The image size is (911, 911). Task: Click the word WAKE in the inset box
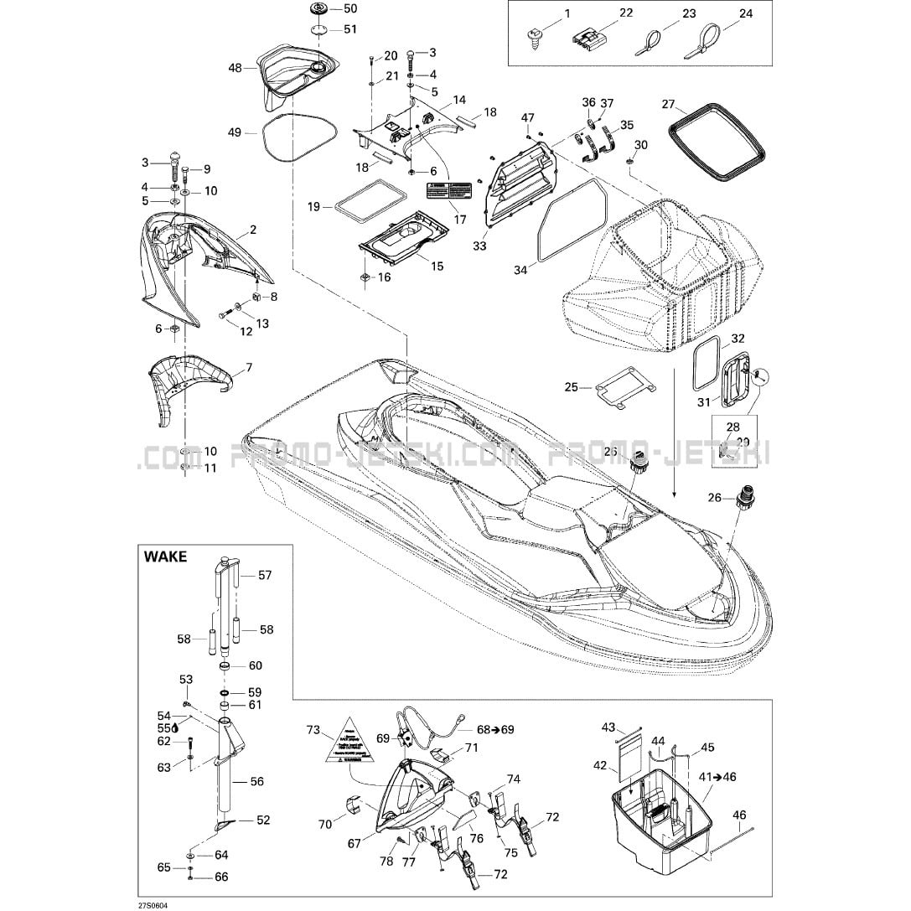pyautogui.click(x=165, y=556)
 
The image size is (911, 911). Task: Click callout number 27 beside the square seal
pyautogui.click(x=668, y=105)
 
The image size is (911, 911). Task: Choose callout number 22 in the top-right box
pyautogui.click(x=626, y=13)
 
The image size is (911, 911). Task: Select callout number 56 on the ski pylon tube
pyautogui.click(x=256, y=781)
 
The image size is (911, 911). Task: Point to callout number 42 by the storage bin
pyautogui.click(x=600, y=765)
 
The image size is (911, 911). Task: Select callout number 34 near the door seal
pyautogui.click(x=520, y=270)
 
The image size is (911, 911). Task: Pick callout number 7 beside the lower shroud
pyautogui.click(x=248, y=368)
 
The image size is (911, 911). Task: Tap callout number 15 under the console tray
pyautogui.click(x=437, y=267)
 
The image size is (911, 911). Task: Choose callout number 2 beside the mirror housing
pyautogui.click(x=253, y=230)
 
